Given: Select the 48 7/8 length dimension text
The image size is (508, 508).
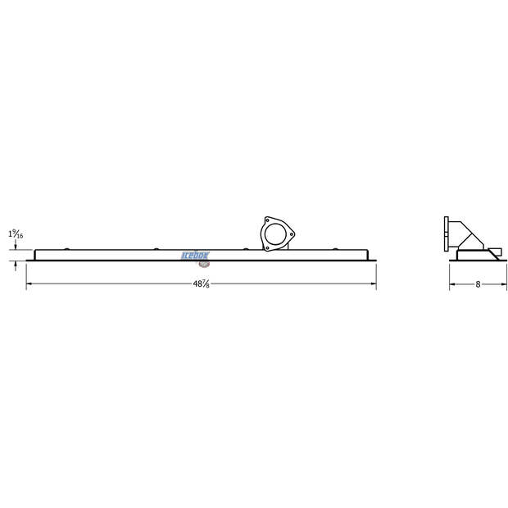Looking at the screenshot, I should pos(201,285).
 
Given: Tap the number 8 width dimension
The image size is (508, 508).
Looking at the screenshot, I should pos(478,285).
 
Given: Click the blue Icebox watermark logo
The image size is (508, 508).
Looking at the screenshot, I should pos(196,255).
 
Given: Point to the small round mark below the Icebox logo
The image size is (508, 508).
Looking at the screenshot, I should pos(202,265).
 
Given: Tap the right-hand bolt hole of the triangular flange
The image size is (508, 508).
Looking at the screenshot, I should pos(289,231).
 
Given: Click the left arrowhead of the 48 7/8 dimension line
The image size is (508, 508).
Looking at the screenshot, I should pos(29,285).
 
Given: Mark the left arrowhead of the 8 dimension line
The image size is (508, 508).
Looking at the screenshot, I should pos(452,285).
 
